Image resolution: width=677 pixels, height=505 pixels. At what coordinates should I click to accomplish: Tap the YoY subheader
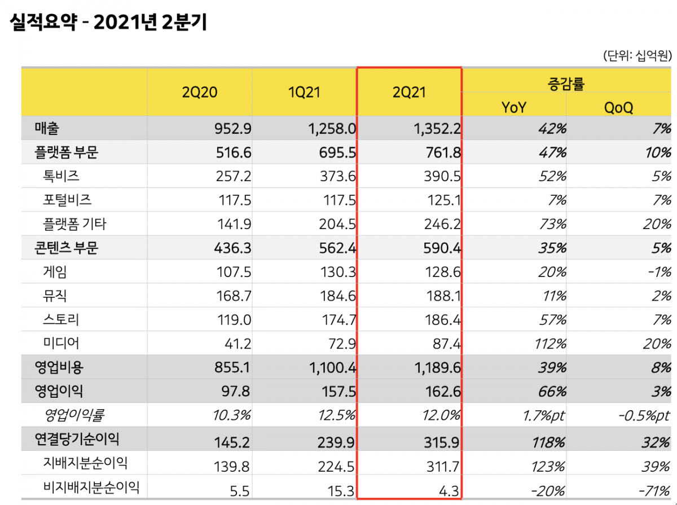pyautogui.click(x=513, y=107)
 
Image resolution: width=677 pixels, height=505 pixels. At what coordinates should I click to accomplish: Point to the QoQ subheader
pyautogui.click(x=618, y=107)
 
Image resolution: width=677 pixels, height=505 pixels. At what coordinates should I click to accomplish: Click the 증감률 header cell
pyautogui.click(x=566, y=84)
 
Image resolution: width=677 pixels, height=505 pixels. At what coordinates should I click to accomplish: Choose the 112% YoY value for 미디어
pyautogui.click(x=549, y=344)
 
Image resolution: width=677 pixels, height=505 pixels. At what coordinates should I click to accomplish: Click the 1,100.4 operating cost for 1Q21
pyautogui.click(x=332, y=368)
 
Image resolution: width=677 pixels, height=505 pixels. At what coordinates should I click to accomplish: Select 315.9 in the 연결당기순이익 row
pyautogui.click(x=442, y=440)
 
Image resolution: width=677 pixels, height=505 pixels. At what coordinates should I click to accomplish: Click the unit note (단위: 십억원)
pyautogui.click(x=637, y=55)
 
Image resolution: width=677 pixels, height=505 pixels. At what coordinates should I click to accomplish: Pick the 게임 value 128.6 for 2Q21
pyautogui.click(x=442, y=273)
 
